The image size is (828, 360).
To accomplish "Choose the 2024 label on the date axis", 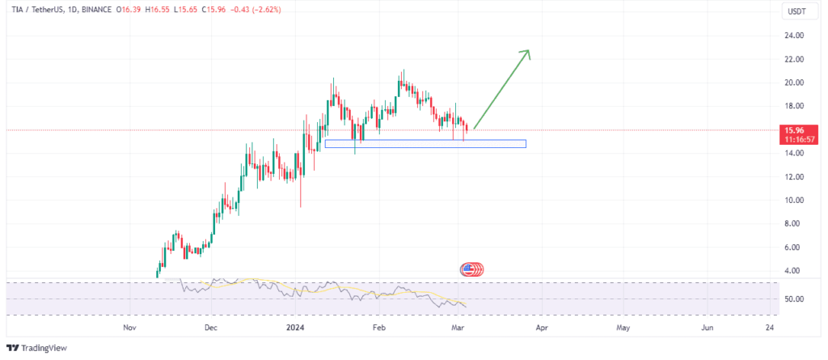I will click(295, 328).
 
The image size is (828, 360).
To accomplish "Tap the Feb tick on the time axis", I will click(378, 328).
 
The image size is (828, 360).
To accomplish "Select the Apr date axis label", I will click(542, 328).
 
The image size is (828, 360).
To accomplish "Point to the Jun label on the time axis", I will click(707, 328).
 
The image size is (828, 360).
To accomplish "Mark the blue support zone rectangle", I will click(425, 144).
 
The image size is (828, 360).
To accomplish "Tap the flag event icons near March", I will click(471, 269).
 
